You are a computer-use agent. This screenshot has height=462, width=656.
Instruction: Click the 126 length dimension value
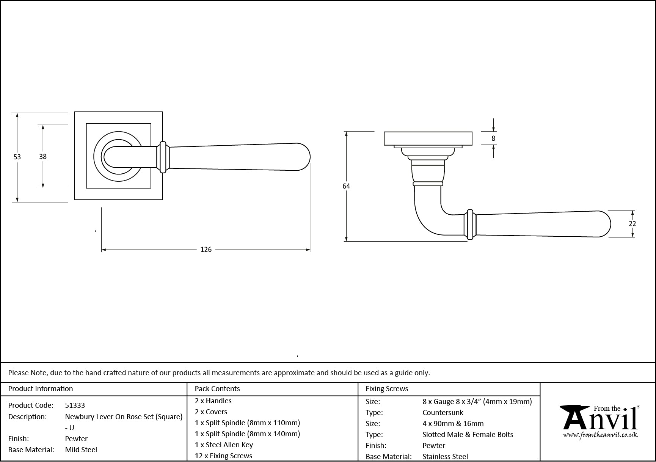pyautogui.click(x=206, y=250)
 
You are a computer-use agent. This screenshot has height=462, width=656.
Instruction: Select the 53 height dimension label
pyautogui.click(x=17, y=157)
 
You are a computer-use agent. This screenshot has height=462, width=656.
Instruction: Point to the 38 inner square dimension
pyautogui.click(x=43, y=156)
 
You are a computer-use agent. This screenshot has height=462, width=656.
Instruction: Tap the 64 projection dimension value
pyautogui.click(x=346, y=186)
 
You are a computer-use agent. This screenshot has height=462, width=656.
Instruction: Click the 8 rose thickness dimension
pyautogui.click(x=493, y=138)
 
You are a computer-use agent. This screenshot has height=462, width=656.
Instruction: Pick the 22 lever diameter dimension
pyautogui.click(x=632, y=224)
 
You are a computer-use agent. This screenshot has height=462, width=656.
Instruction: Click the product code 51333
pyautogui.click(x=75, y=405)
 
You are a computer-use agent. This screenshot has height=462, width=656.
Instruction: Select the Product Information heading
pyautogui.click(x=41, y=389)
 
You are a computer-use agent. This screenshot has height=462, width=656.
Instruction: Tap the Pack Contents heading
pyautogui.click(x=217, y=389)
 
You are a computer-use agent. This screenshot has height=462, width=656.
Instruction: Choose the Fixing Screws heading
pyautogui.click(x=387, y=389)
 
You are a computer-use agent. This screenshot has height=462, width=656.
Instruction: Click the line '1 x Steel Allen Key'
pyautogui.click(x=224, y=445)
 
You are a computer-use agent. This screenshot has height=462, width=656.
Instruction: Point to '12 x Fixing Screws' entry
pyautogui.click(x=223, y=456)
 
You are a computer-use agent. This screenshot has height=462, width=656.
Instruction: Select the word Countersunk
pyautogui.click(x=443, y=413)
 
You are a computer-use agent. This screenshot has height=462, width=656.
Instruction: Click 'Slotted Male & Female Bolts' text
pyautogui.click(x=468, y=435)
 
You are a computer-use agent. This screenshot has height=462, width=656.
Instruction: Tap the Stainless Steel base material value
pyautogui.click(x=445, y=457)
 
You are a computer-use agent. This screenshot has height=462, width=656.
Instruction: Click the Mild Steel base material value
pyautogui.click(x=81, y=450)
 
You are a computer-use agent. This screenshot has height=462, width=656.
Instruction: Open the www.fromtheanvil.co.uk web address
pyautogui.click(x=600, y=435)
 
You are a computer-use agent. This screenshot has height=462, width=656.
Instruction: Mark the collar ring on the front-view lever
pyautogui.click(x=163, y=157)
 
